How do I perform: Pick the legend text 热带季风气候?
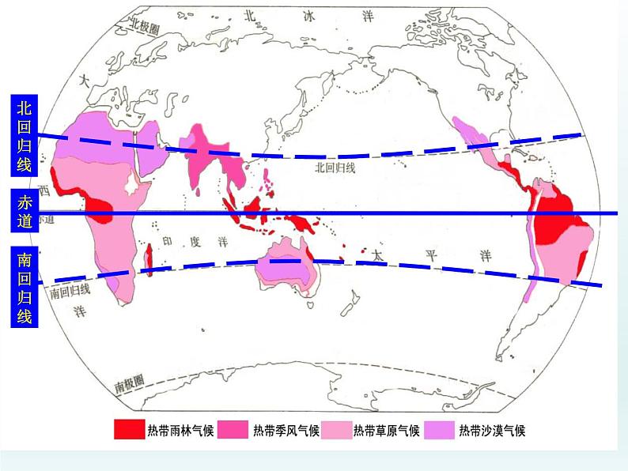coord(286,431)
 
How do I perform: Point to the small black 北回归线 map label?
coord(335,168)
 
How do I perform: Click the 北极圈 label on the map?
coord(146,26)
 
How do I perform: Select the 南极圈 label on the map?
coord(129,386)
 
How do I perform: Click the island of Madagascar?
coord(149,257)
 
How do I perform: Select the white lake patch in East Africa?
coord(129,186)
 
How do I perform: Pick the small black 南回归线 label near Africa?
coord(70,291)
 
